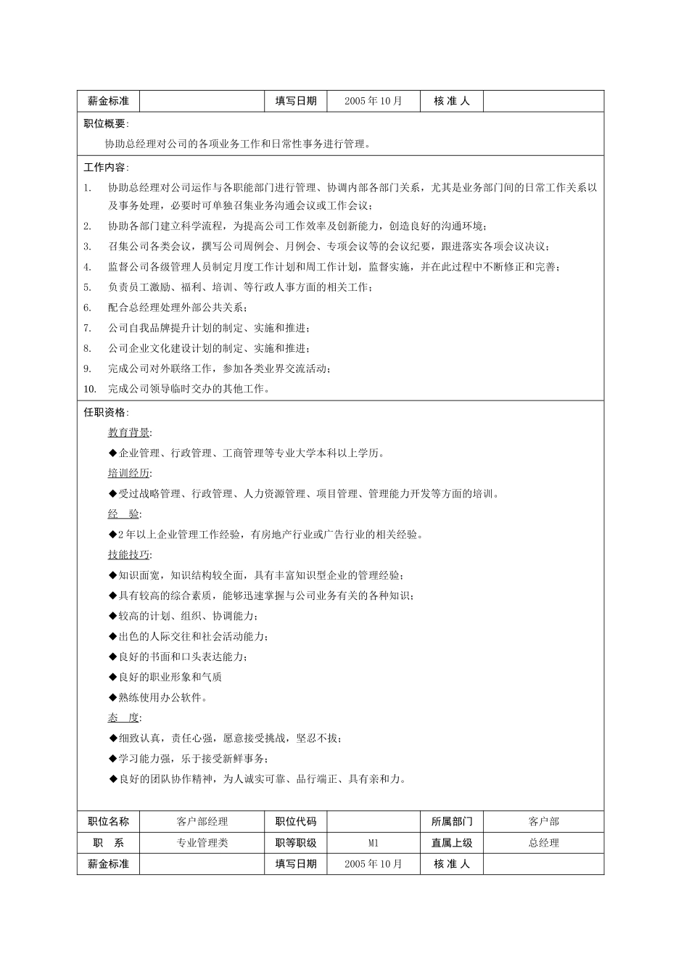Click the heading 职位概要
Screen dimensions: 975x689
104,124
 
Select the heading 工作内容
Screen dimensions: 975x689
104,168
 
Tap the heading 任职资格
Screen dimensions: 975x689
104,413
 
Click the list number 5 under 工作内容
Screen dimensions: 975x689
87,287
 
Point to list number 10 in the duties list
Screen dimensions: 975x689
89,389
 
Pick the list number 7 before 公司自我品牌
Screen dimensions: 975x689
87,328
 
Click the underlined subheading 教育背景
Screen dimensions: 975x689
129,433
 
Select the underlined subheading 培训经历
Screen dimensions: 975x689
129,474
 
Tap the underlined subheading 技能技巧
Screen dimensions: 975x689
129,555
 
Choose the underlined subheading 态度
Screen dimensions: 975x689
124,717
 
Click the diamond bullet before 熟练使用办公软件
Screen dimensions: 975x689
112,697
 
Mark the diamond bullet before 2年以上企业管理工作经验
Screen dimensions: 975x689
112,535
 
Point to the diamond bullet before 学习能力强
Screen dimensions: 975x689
112,759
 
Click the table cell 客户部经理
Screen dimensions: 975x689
202,822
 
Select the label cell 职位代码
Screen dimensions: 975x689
296,822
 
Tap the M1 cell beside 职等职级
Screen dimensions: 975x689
374,843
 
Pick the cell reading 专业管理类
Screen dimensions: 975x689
202,843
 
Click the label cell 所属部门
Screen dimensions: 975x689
452,822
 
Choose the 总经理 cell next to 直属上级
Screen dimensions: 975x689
544,843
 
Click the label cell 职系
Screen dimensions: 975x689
108,843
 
